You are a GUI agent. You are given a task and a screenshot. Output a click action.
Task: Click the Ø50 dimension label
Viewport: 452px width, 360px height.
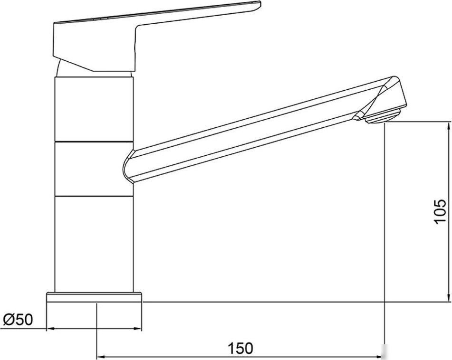pos(18,320)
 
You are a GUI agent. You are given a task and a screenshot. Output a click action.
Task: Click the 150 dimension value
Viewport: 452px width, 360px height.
pos(240,348)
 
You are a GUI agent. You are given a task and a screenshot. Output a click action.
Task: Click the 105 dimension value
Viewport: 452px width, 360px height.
pos(440,211)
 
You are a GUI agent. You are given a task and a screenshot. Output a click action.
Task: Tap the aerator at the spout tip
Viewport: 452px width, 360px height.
pos(383,117)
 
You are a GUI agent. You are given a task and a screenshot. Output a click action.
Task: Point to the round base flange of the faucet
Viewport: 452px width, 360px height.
pos(94,297)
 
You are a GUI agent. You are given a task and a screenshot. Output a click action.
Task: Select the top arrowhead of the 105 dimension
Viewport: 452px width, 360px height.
pos(448,126)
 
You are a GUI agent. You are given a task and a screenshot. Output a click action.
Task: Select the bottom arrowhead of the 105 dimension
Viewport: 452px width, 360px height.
pos(448,297)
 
